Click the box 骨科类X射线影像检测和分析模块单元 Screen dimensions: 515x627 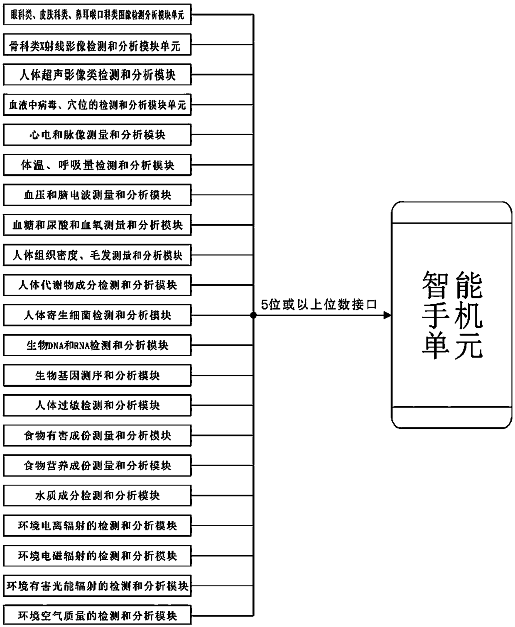[x=97, y=45]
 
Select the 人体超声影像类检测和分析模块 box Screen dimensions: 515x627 [x=97, y=75]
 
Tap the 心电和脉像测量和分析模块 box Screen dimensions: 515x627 [x=97, y=135]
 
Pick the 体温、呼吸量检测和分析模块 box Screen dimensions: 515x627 [x=97, y=165]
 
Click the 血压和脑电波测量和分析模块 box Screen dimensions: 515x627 [x=97, y=195]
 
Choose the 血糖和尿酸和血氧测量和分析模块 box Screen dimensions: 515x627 [x=97, y=225]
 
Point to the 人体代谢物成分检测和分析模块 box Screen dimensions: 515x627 [x=97, y=285]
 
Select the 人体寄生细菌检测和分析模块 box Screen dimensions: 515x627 [x=97, y=315]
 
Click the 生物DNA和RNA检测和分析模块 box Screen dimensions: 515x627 [x=97, y=345]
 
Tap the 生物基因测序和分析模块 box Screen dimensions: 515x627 [x=97, y=375]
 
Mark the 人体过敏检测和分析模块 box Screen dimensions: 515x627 [x=97, y=405]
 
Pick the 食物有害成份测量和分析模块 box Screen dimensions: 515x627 [x=97, y=435]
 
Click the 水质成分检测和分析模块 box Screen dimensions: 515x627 [x=97, y=495]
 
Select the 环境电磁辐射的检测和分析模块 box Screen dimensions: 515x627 [x=97, y=556]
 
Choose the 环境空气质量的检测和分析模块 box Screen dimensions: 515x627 [x=97, y=615]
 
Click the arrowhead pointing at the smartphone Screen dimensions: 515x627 [x=387, y=315]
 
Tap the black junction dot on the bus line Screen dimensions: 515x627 [x=253, y=315]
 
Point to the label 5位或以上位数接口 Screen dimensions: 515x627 [x=319, y=305]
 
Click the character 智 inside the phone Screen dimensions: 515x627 [x=436, y=285]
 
